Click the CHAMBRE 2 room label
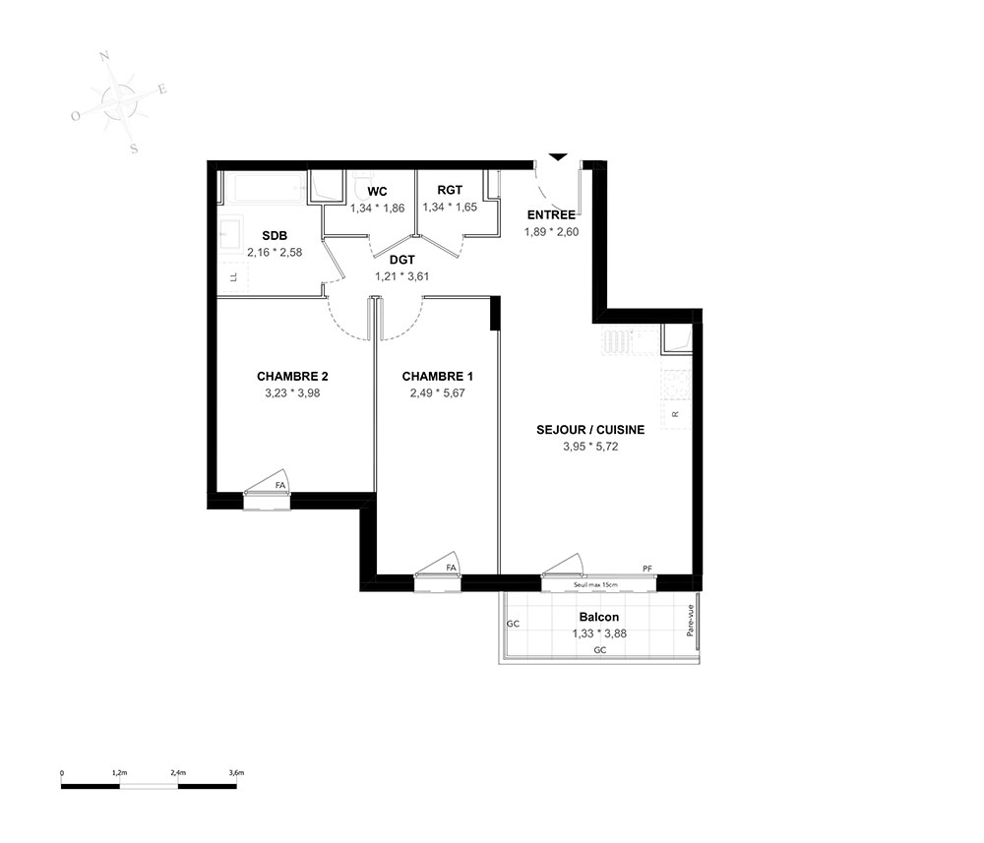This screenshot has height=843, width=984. pyautogui.click(x=292, y=377)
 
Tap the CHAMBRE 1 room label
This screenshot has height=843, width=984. pyautogui.click(x=438, y=377)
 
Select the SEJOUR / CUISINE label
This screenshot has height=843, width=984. pyautogui.click(x=590, y=430)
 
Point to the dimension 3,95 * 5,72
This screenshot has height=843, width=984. pyautogui.click(x=590, y=447)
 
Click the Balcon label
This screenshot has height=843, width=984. pyautogui.click(x=599, y=617)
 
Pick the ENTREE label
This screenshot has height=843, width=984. pyautogui.click(x=552, y=214)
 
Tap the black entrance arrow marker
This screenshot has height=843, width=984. pyautogui.click(x=557, y=156)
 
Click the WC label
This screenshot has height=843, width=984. pyautogui.click(x=377, y=191)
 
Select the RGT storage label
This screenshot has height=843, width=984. pyautogui.click(x=450, y=190)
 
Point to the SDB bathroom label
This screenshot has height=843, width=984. pyautogui.click(x=275, y=236)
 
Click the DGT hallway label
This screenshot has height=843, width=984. pyautogui.click(x=402, y=260)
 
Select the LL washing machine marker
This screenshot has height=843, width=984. pyautogui.click(x=234, y=276)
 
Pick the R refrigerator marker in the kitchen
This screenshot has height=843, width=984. pyautogui.click(x=675, y=414)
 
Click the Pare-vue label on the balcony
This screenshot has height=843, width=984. pyautogui.click(x=691, y=621)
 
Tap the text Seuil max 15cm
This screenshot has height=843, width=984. pyautogui.click(x=595, y=585)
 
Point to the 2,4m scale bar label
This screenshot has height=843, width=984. pyautogui.click(x=178, y=773)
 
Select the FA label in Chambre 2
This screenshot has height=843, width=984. pyautogui.click(x=280, y=485)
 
